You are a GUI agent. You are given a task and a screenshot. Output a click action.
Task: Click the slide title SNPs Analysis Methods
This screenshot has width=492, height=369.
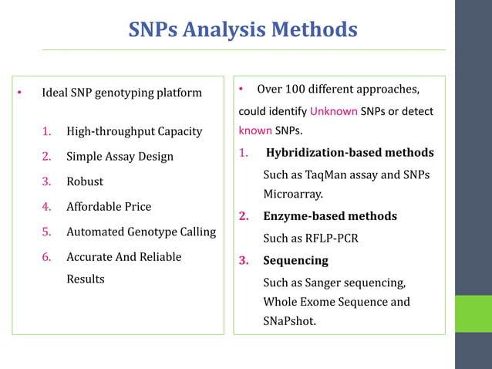[243, 30]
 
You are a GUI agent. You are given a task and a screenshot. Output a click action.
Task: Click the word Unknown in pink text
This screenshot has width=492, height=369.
[334, 111]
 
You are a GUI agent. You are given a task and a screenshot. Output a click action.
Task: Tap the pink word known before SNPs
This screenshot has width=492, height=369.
[255, 130]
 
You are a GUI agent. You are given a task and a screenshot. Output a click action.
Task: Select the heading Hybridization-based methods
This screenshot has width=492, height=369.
[349, 153]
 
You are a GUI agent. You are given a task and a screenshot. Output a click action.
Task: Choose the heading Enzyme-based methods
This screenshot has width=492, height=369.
[330, 216]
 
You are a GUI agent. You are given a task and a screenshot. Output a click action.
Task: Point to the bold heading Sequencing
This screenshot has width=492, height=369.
[295, 261]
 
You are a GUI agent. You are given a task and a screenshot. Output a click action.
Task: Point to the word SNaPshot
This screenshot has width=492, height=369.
[289, 321]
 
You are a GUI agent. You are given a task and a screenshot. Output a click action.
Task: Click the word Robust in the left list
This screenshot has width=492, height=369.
[84, 181]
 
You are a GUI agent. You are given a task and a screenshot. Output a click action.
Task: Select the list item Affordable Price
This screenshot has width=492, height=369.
[109, 207]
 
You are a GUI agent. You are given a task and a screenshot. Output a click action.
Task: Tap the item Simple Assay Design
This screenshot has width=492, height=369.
[120, 157]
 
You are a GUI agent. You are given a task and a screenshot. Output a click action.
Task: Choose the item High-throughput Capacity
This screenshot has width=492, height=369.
[134, 131]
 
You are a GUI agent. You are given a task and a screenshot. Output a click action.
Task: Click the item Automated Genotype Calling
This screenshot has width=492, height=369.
[141, 232]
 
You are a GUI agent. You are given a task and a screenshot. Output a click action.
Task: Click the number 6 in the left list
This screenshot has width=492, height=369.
[46, 256]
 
